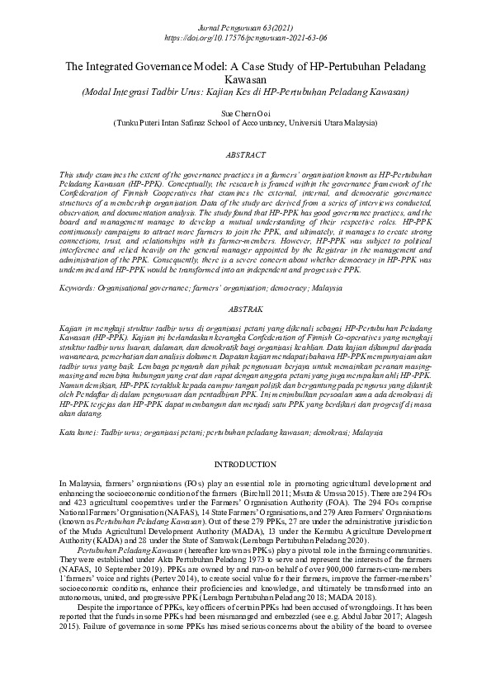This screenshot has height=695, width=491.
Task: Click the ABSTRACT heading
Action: (x=245, y=154)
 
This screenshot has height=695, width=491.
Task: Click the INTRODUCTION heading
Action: (x=245, y=465)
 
